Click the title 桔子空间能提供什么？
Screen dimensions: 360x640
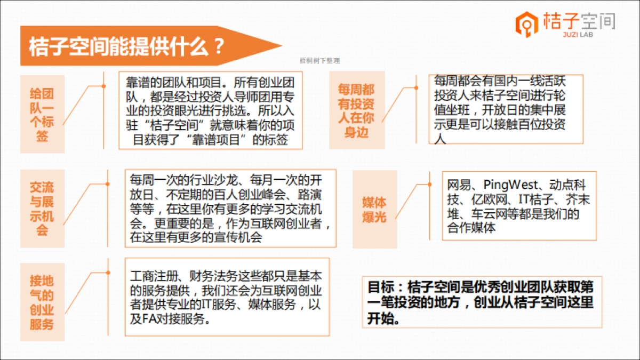coord(125,46)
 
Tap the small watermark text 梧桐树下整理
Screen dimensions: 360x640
coord(319,61)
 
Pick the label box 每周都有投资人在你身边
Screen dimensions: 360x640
coord(356,110)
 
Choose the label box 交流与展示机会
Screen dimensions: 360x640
coord(42,209)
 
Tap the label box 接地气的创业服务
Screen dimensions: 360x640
coord(42,302)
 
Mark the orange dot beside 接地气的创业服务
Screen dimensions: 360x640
coord(108,273)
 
